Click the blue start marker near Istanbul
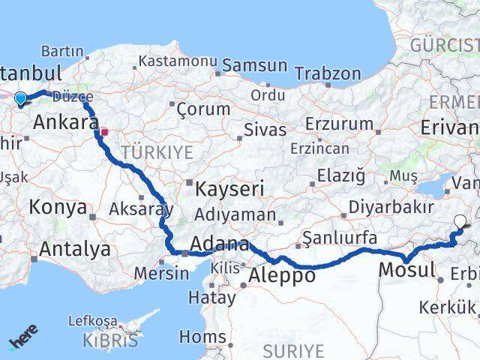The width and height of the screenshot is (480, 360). (19, 98)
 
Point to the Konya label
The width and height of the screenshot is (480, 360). (58, 208)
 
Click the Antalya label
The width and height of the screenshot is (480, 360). (76, 248)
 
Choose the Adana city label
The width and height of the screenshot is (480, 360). (220, 244)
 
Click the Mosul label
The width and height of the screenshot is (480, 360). (407, 270)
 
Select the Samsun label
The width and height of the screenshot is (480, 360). (255, 66)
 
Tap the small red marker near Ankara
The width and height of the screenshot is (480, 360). (105, 132)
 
